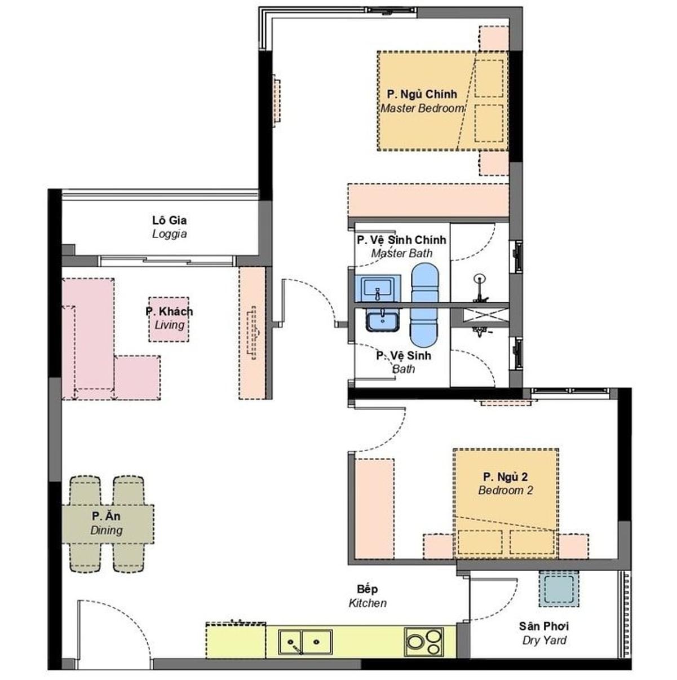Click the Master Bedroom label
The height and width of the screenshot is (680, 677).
coord(422,101)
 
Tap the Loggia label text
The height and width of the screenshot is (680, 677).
coord(169,227)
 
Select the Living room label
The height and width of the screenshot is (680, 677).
coord(169,318)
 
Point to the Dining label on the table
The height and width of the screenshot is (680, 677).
coord(107,523)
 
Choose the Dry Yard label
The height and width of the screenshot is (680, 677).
coord(544,633)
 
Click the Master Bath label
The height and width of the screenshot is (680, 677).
coord(401,246)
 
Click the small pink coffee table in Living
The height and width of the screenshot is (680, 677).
coord(169,319)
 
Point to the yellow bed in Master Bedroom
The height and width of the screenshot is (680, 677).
coord(443,101)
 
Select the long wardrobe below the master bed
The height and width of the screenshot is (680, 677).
coord(428,200)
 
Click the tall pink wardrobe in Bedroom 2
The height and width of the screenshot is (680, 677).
coord(374,509)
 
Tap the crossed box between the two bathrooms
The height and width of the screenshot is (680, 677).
coord(486,316)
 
